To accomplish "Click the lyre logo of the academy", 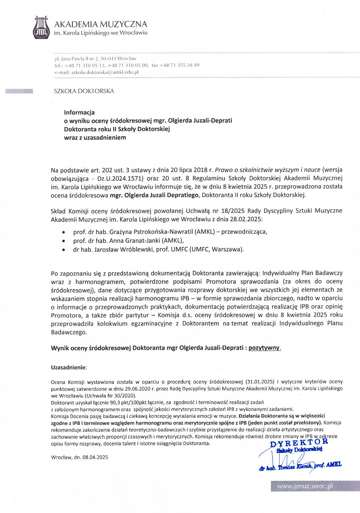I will pyautogui.click(x=41, y=27).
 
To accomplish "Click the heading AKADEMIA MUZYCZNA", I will pyautogui.click(x=100, y=24).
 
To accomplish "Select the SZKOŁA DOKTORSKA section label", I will pyautogui.click(x=84, y=91).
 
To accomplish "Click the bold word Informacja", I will pyautogui.click(x=79, y=113).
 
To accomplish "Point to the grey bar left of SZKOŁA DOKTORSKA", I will pyautogui.click(x=19, y=91).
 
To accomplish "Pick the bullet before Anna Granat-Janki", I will pyautogui.click(x=63, y=241).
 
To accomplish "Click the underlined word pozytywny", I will pyautogui.click(x=264, y=348).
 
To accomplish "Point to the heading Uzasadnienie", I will pyautogui.click(x=68, y=368).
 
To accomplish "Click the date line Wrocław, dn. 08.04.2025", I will pyautogui.click(x=79, y=457).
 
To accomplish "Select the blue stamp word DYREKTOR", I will pyautogui.click(x=299, y=443).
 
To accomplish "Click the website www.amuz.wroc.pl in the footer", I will pyautogui.click(x=305, y=486).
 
